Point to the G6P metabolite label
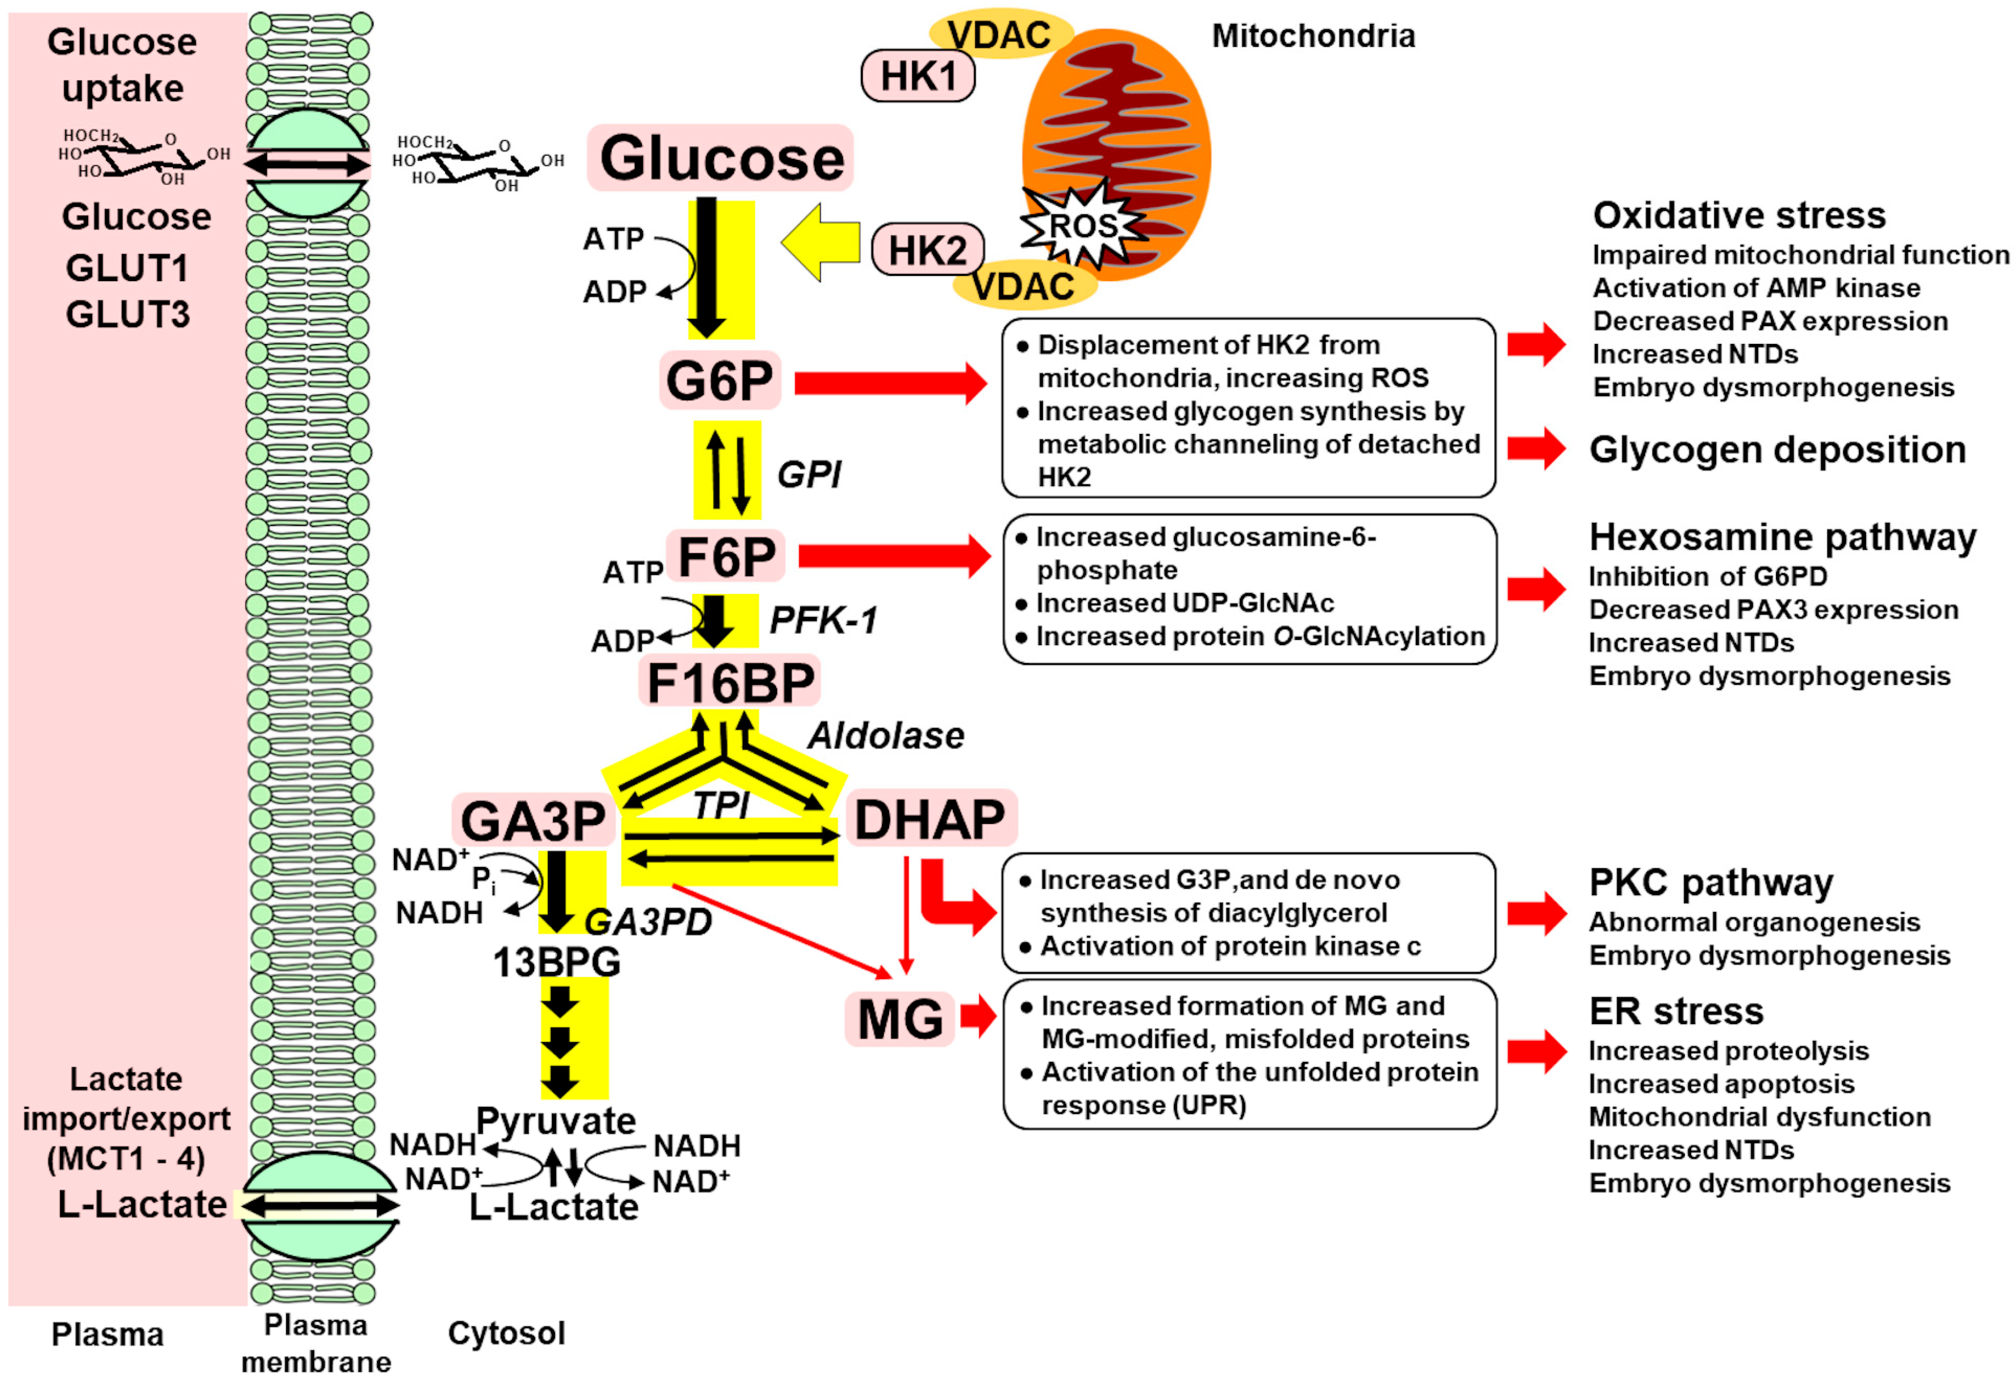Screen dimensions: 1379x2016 pos(719,381)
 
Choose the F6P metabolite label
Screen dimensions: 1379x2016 pos(726,557)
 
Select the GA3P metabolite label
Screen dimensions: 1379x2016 pos(533,821)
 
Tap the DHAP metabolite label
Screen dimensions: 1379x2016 pos(930,819)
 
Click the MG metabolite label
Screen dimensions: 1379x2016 pos(900,1019)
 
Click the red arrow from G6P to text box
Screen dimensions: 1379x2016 pos(889,383)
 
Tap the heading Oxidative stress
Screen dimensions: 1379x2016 pos(1739,215)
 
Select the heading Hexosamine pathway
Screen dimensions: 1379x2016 pos(1782,538)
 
